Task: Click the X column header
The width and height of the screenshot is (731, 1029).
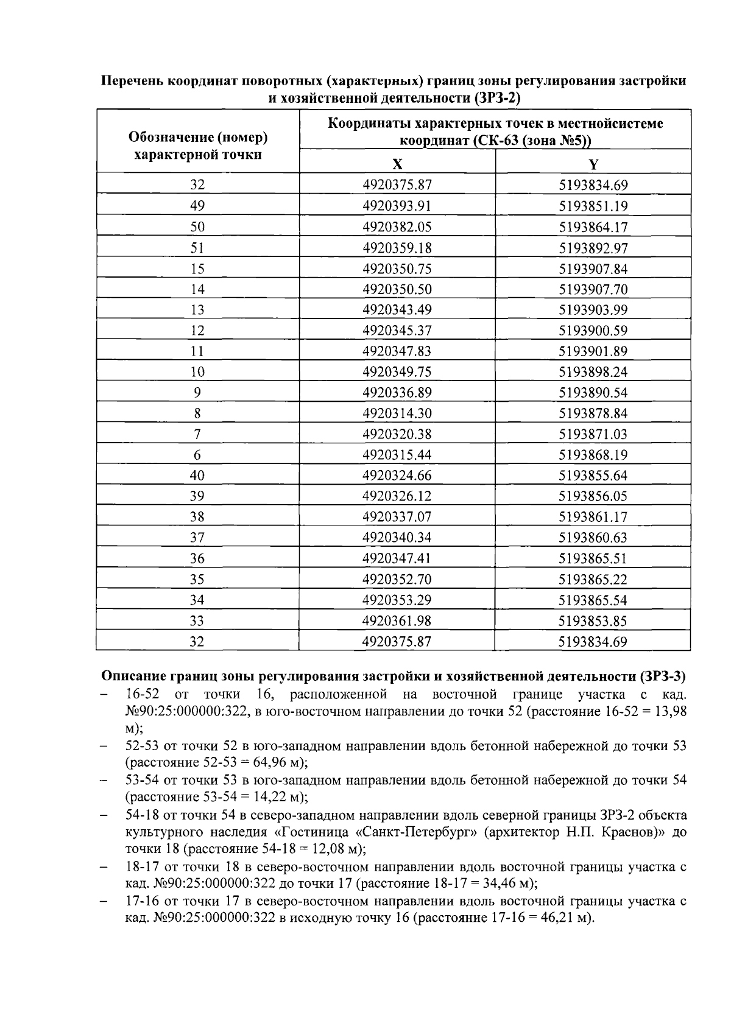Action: coord(397,164)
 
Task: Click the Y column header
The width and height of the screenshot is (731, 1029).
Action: coord(593,164)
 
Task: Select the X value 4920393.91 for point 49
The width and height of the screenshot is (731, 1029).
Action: coord(397,206)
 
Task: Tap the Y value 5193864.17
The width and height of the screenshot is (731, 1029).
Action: coord(593,227)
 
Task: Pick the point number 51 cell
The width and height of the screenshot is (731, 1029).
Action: coord(197,248)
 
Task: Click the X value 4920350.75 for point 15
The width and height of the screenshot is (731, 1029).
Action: coord(397,269)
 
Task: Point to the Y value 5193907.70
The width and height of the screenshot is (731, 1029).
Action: coord(593,289)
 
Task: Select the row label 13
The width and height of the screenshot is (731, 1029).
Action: coord(197,310)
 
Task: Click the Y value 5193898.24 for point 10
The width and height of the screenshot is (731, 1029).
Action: coord(593,372)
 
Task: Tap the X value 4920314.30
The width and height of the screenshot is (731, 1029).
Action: coord(397,413)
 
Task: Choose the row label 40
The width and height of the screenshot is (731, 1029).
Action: coord(197,476)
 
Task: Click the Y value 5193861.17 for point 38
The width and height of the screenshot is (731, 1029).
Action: coord(593,517)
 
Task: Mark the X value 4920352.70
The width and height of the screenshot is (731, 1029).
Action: coord(397,579)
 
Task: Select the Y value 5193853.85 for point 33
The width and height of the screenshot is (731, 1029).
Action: coord(593,621)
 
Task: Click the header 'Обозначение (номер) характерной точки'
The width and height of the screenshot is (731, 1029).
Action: coord(197,146)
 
